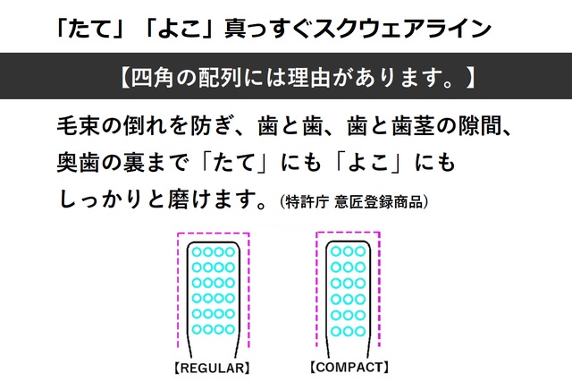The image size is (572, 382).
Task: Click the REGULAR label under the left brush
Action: tap(213, 368)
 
